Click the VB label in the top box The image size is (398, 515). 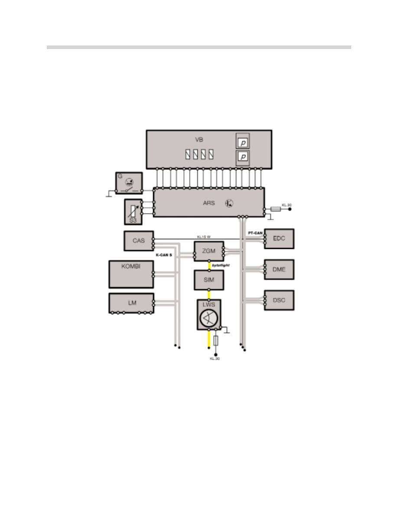point(199,140)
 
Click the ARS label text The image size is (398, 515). point(209,203)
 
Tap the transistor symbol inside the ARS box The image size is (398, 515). point(229,203)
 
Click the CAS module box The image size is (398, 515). point(139,241)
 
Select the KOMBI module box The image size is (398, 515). point(131,274)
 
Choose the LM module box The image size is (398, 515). point(131,303)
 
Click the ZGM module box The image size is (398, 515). point(209,251)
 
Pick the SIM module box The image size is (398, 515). point(209,280)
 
